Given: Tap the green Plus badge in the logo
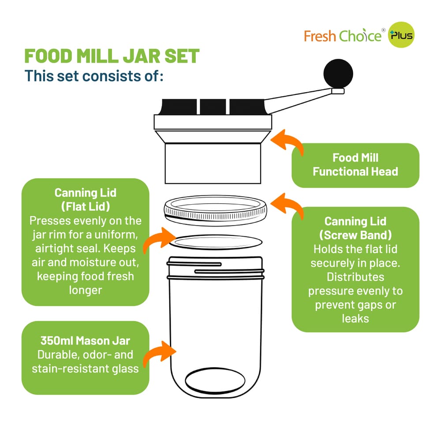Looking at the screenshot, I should click(x=401, y=36).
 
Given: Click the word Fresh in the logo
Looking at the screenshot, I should click(x=320, y=36).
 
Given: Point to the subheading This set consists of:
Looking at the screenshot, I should click(x=94, y=75).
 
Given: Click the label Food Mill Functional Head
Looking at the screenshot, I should click(x=355, y=164).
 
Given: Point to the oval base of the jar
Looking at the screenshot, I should click(x=215, y=381).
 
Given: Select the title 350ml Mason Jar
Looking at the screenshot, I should click(x=85, y=341).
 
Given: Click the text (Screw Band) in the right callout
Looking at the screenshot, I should click(x=355, y=235).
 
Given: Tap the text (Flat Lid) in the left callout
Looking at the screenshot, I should click(x=85, y=206).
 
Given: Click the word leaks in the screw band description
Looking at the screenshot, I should click(x=355, y=318).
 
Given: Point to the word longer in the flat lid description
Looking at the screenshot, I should click(x=85, y=290).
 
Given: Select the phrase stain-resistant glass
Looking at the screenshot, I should click(x=85, y=368).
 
